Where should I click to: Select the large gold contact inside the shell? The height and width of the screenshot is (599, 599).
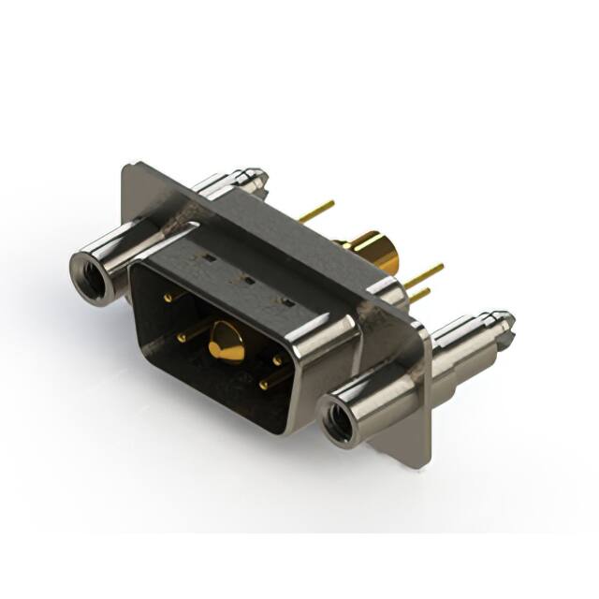(226, 343)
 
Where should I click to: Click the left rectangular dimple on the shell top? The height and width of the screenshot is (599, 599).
(209, 256)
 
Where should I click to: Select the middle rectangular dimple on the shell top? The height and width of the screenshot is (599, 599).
(247, 278)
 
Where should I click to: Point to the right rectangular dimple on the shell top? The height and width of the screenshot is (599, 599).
(286, 300)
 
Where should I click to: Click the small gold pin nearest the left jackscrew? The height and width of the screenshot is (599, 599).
(168, 297)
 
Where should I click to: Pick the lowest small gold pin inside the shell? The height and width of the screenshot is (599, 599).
(264, 384)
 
